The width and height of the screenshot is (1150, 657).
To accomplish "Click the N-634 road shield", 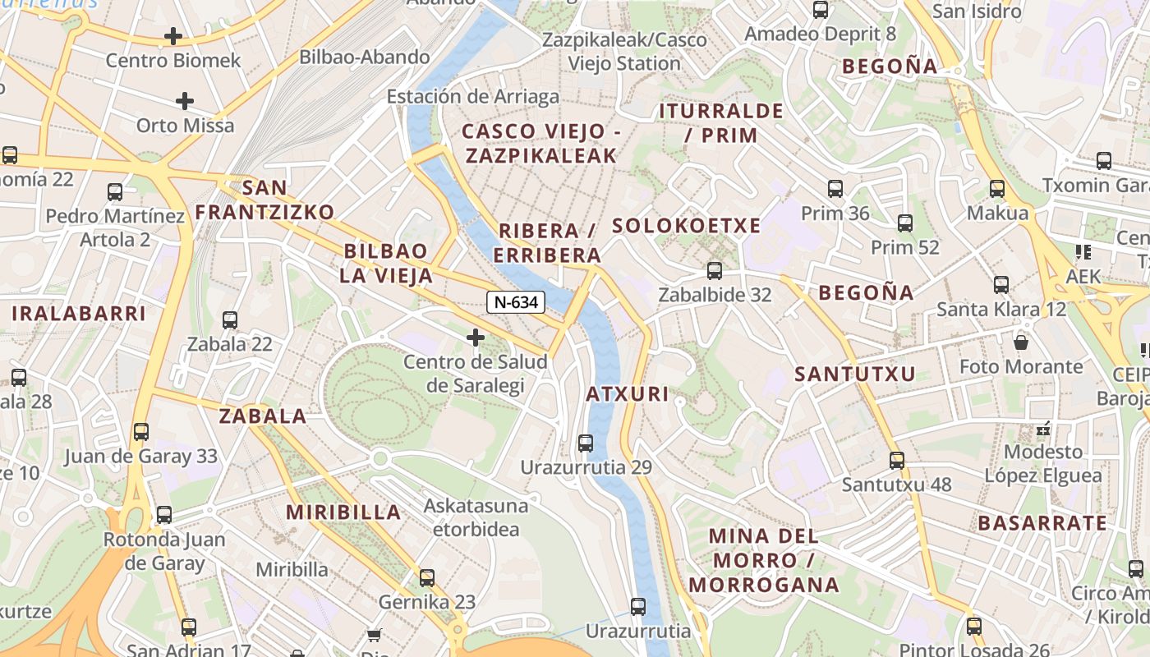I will coord(516,302).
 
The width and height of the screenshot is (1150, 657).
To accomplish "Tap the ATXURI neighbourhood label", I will coord(628,394).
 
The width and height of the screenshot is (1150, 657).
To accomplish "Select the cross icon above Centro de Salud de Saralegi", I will coord(475,337).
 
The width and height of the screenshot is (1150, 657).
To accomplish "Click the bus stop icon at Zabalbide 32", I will coord(715,270).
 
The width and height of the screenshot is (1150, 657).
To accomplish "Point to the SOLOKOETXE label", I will coord(687,226).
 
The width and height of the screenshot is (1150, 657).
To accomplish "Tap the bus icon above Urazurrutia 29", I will coord(586,443).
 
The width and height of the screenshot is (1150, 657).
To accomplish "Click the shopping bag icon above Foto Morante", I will coord(1021,342).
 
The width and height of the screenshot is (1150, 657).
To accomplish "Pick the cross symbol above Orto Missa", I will coord(185,101).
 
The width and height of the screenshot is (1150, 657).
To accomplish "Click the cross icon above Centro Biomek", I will coord(173,36).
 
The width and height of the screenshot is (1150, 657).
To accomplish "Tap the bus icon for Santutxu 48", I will coord(897,460).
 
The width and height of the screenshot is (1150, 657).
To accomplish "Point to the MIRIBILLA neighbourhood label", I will coord(343,512).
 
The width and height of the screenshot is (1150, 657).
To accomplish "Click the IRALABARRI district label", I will coord(79,313).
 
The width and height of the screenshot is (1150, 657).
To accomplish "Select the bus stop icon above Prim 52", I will coord(905,223).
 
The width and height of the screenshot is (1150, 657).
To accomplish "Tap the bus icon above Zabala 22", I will coord(230,319).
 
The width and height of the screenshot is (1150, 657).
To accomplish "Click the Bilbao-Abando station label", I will coord(365,57).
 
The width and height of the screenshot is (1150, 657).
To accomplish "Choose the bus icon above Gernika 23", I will coord(427,577).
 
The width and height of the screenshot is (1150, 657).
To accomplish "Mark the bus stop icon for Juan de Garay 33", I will coord(141,431).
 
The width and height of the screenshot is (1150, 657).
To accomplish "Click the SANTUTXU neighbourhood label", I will coord(854,374).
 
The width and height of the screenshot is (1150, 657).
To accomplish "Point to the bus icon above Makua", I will coord(997,188).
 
